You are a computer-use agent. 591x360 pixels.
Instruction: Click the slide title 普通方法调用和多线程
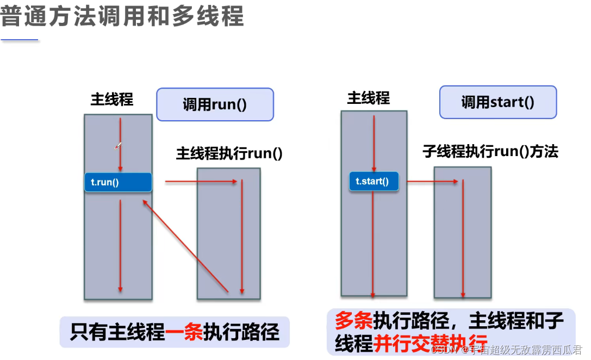(x=122, y=16)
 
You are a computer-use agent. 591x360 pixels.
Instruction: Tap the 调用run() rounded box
(x=215, y=104)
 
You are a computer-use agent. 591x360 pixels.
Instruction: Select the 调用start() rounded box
(x=497, y=102)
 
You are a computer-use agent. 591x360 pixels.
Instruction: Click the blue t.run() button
(x=118, y=182)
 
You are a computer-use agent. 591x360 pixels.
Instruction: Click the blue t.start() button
(x=374, y=181)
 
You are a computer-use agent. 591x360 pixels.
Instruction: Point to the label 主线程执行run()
(x=229, y=153)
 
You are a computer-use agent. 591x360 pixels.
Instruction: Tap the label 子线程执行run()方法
(x=490, y=151)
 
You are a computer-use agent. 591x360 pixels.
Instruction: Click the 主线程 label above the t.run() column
(x=112, y=100)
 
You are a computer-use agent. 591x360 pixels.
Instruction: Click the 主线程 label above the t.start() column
(x=369, y=98)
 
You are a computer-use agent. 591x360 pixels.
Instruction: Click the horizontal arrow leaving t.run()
(x=201, y=182)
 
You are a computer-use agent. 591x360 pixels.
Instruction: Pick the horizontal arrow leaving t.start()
(x=432, y=181)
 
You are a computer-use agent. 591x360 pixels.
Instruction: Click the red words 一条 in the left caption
(x=184, y=331)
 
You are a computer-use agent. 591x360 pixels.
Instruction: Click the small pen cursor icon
(x=117, y=146)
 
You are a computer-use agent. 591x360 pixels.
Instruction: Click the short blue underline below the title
(x=20, y=40)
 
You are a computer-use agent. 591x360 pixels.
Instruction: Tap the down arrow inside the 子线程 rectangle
(x=463, y=239)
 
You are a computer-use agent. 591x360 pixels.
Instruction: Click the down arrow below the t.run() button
(x=120, y=245)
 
